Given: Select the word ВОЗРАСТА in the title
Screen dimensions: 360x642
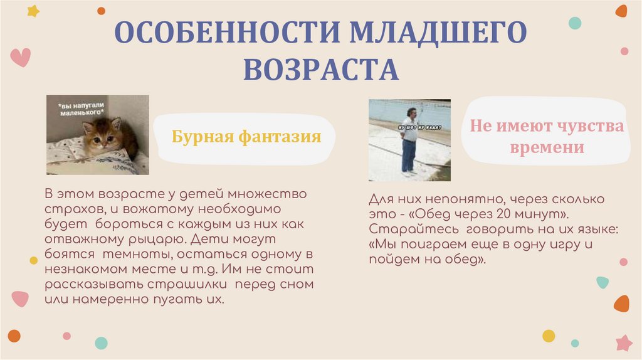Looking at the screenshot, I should [x=321, y=69].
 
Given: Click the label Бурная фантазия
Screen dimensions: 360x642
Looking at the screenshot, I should [x=246, y=136].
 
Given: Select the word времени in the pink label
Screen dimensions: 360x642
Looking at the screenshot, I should [x=547, y=148].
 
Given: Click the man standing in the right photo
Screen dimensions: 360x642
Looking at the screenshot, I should [x=409, y=139].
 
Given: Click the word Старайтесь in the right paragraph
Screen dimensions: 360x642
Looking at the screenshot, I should [x=405, y=228].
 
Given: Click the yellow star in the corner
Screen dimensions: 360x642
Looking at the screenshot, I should [x=33, y=11].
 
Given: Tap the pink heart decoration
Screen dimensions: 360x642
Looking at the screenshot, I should [x=20, y=58].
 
